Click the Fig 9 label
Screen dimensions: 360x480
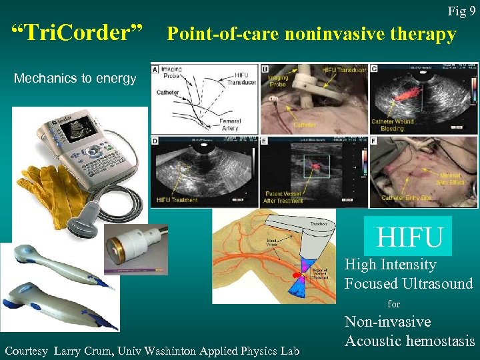(x=461, y=11)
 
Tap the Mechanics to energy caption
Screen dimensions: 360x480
(x=75, y=79)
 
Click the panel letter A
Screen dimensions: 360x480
(x=155, y=69)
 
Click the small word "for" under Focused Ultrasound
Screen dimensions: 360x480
(x=394, y=303)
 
